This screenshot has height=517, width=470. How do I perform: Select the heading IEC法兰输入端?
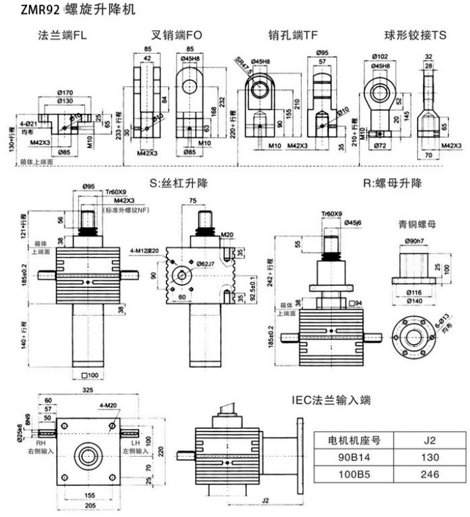click(337, 400)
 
